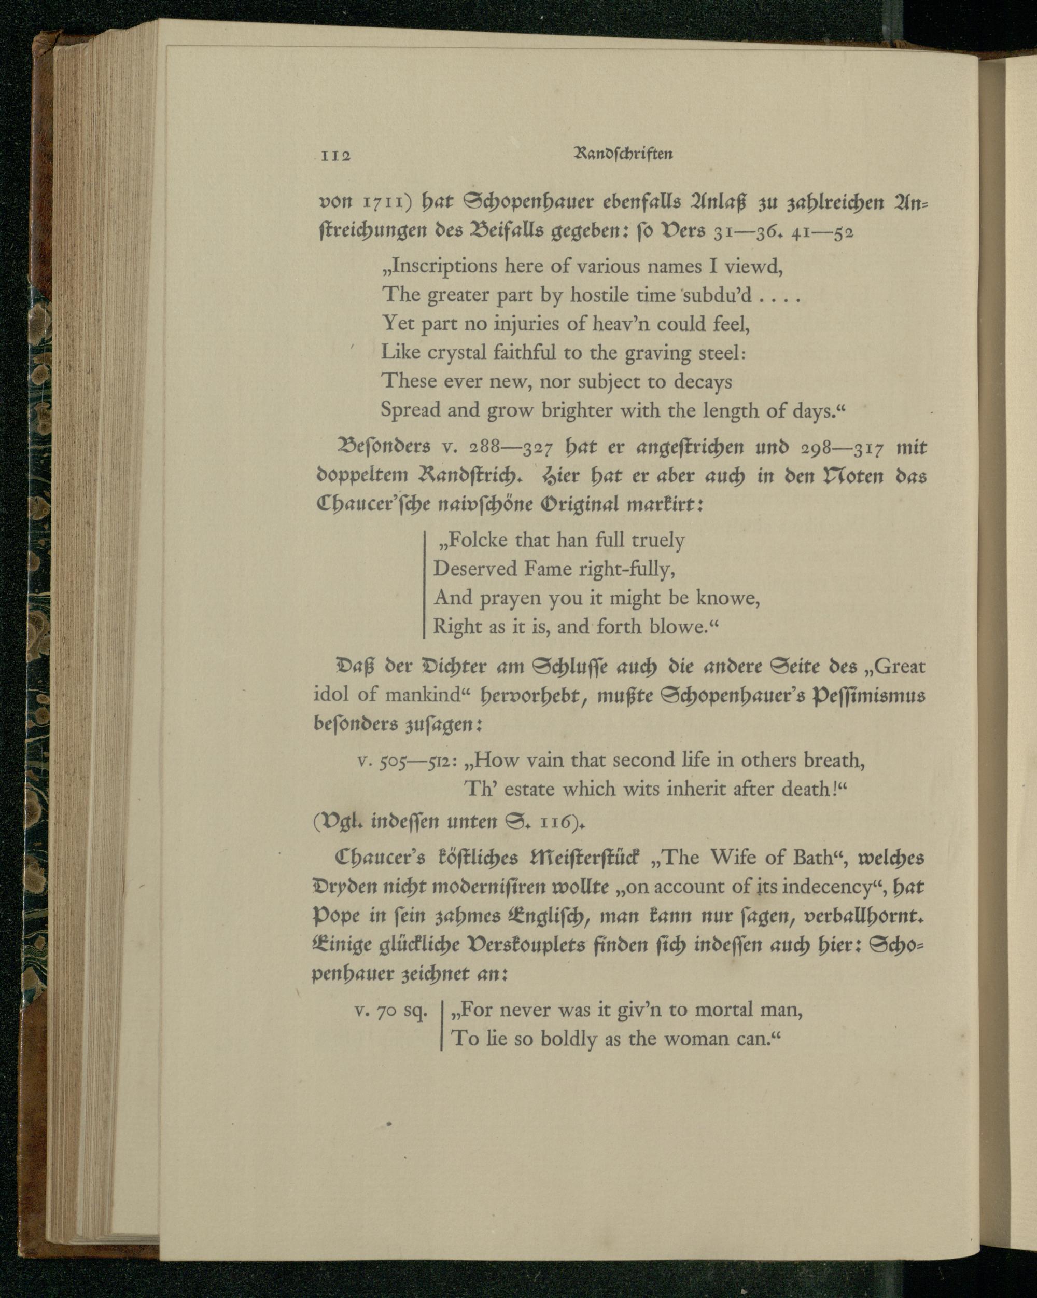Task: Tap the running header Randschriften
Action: click(624, 154)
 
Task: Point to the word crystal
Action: click(456, 353)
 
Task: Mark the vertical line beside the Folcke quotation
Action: click(425, 584)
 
